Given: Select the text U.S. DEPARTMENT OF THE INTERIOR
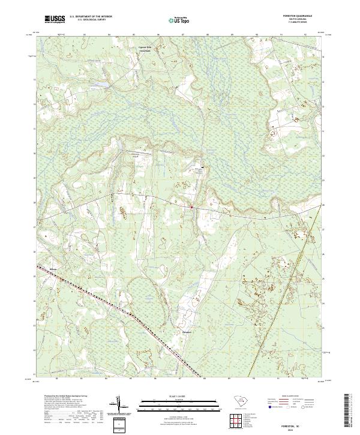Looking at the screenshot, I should tap(91, 16).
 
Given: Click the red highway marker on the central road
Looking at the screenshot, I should tap(191, 207).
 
